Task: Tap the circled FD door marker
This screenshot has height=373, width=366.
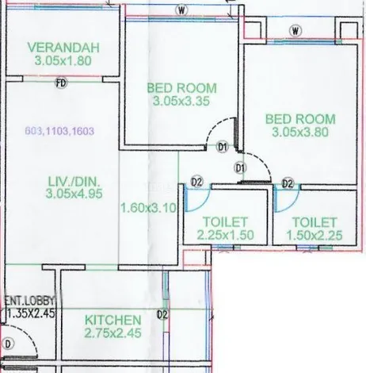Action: point(60,83)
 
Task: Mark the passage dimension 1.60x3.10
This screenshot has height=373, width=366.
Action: point(148,208)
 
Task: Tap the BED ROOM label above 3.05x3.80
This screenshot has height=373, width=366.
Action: point(300,119)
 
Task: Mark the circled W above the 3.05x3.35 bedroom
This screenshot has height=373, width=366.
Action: point(182,11)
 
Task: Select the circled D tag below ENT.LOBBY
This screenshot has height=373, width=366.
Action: point(10,344)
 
